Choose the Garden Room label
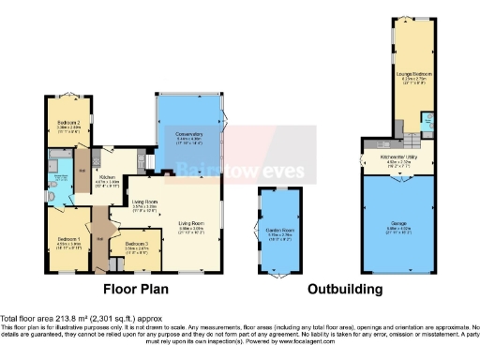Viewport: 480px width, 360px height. tap(275, 233)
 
